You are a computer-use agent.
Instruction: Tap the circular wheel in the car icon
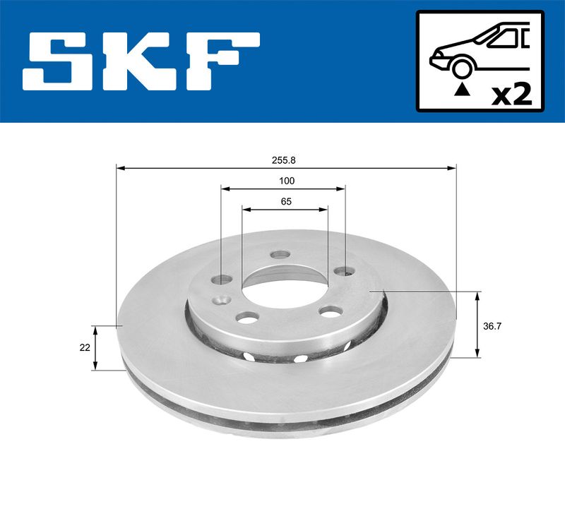click(x=461, y=68)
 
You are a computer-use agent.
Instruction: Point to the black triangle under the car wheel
click(x=461, y=89)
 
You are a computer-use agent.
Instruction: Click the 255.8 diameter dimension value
click(x=286, y=160)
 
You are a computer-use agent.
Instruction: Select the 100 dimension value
click(x=286, y=181)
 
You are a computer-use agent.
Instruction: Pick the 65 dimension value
click(x=286, y=201)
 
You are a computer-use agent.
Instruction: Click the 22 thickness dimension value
click(x=84, y=347)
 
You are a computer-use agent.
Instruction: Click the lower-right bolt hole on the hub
click(x=330, y=311)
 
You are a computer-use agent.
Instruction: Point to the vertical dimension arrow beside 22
click(x=97, y=347)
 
